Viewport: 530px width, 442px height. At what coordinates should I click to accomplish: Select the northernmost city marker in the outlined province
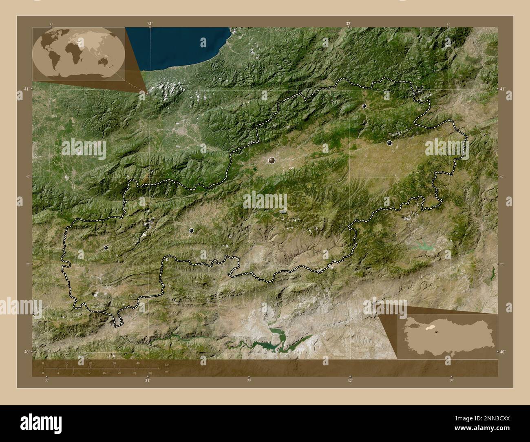click(364, 106)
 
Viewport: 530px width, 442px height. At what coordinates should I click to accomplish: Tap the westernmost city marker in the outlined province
click(106, 248)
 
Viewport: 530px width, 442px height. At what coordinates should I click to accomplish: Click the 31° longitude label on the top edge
click(150, 24)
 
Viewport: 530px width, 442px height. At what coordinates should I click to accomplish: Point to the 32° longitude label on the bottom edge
click(350, 380)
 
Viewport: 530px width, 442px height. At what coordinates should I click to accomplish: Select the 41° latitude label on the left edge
click(26, 89)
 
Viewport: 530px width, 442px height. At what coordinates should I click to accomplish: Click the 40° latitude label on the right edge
click(503, 351)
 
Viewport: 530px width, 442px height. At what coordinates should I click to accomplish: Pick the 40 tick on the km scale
click(138, 363)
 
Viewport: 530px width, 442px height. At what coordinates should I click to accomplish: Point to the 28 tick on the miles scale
click(150, 373)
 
